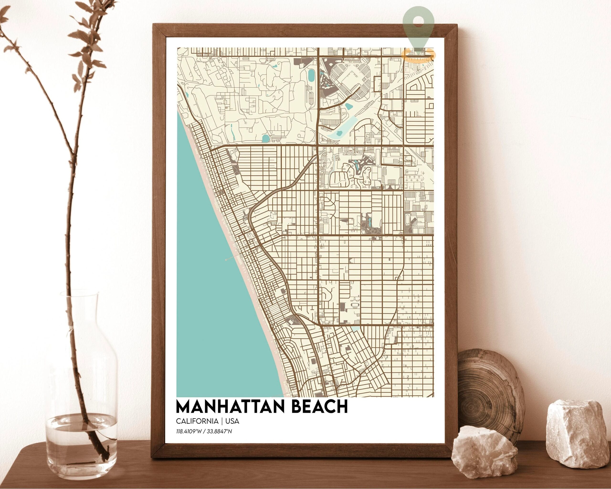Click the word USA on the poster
[x=232, y=421]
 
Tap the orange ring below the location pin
[x=419, y=55]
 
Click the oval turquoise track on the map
[x=311, y=76]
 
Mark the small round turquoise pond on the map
[x=266, y=138]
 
